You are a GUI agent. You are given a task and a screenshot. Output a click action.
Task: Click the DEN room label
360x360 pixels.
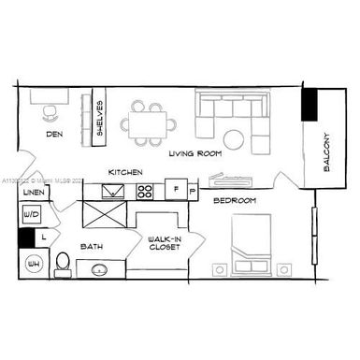(x=54, y=135)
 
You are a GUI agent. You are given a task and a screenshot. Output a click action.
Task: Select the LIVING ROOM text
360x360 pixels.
(x=194, y=153)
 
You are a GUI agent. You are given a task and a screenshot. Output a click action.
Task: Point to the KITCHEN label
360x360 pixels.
(x=124, y=173)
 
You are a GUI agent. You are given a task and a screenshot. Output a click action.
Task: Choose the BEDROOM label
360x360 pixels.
(x=234, y=200)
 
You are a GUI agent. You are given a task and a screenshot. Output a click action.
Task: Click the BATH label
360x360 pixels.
(x=92, y=247)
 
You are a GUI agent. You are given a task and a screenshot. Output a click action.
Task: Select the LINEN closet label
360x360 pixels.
(x=33, y=193)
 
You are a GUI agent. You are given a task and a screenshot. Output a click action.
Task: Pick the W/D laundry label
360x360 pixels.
(x=31, y=215)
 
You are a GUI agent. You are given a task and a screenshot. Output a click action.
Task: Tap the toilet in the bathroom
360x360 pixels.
(x=64, y=265)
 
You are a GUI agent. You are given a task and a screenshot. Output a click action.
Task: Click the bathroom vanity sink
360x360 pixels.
(x=101, y=270)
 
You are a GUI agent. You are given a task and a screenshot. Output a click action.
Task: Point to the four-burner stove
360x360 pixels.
(x=146, y=192)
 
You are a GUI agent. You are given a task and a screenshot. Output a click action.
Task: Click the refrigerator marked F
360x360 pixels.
(x=176, y=191)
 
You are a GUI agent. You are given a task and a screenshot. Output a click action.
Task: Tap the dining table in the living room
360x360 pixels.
(x=151, y=121)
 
